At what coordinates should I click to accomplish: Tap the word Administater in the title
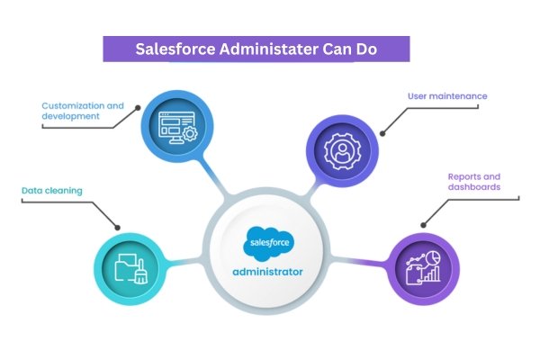click(270, 49)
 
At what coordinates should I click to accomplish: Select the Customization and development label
click(83, 112)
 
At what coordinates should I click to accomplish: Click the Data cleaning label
click(51, 191)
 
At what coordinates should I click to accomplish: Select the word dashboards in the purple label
click(474, 188)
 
